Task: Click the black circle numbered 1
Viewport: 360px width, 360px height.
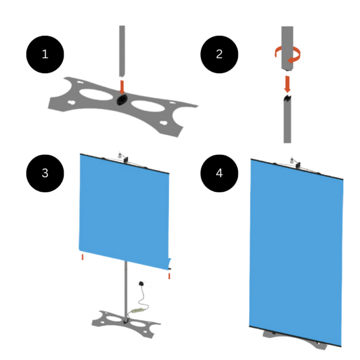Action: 45,55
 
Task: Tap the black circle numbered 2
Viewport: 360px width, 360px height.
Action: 219,55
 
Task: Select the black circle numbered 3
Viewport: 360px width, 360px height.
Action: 45,173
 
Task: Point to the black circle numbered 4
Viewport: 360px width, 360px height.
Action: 219,173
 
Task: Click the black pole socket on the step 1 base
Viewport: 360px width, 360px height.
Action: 122,100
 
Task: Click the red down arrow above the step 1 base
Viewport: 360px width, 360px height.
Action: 122,87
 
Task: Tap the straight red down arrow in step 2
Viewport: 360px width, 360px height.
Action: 287,84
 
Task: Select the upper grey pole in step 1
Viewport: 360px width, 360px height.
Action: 122,51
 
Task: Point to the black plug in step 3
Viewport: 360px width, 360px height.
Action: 141,283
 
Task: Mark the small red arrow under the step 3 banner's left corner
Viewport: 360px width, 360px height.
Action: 83,257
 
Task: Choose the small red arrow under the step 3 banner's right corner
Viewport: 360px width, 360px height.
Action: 169,276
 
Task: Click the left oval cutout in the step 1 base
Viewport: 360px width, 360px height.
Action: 96,94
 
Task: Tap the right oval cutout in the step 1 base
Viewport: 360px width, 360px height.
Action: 148,106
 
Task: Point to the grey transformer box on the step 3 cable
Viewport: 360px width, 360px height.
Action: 137,310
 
